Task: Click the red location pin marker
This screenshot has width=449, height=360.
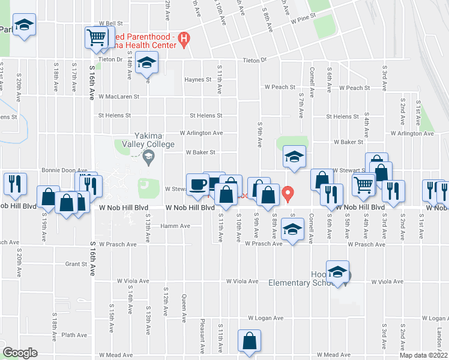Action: tap(288, 194)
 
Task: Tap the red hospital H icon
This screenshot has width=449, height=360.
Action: tap(184, 40)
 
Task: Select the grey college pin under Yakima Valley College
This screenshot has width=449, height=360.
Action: tap(149, 157)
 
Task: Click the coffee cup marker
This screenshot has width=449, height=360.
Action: tap(197, 184)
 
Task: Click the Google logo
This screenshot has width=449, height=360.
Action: tap(20, 353)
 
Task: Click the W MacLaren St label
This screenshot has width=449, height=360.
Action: tap(119, 96)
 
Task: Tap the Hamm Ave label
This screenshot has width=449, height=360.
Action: tap(175, 226)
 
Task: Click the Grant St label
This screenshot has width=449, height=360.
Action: tap(76, 263)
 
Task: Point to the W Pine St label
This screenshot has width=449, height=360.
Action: tap(303, 20)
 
